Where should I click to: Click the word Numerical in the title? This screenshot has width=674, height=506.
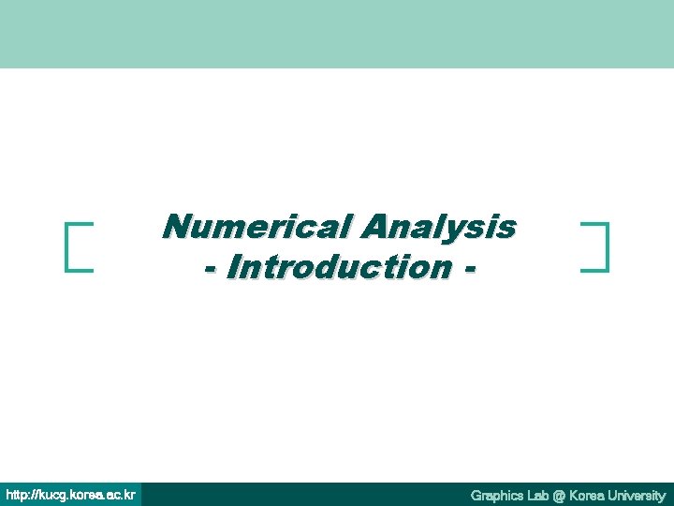[x=256, y=227]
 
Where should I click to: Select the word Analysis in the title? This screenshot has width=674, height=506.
[x=438, y=227]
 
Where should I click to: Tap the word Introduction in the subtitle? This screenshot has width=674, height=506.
[x=337, y=267]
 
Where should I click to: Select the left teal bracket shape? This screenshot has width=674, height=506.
[x=79, y=246]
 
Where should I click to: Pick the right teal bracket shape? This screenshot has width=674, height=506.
[x=595, y=246]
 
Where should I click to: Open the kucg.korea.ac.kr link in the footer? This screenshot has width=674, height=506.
[x=71, y=494]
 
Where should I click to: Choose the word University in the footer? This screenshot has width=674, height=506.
[x=638, y=495]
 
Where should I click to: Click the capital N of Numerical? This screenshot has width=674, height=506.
[x=175, y=227]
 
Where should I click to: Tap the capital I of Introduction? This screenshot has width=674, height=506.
[x=233, y=267]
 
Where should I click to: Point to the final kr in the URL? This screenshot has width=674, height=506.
[x=129, y=494]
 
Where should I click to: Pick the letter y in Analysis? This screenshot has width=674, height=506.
[x=472, y=230]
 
